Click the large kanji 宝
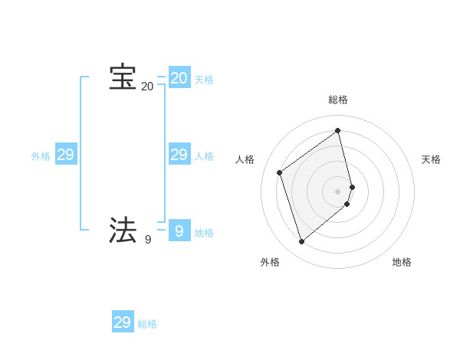[x=123, y=77]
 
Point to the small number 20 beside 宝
[x=147, y=87]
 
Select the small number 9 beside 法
[x=148, y=240]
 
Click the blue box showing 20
[x=179, y=78]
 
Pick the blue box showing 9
[x=179, y=230]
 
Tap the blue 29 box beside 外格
[x=66, y=155]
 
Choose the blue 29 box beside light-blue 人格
[x=179, y=155]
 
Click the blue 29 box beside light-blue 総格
[x=123, y=322]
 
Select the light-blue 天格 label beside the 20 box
[x=204, y=80]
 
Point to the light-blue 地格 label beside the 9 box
[x=204, y=233]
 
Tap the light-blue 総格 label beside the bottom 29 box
[x=147, y=325]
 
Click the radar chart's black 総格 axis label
[x=338, y=100]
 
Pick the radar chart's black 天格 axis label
[x=432, y=159]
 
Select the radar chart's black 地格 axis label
[x=402, y=263]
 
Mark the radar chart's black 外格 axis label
[x=270, y=263]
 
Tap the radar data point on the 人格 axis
[x=280, y=172]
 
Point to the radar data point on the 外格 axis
[x=302, y=242]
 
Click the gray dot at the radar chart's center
[x=338, y=191]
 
